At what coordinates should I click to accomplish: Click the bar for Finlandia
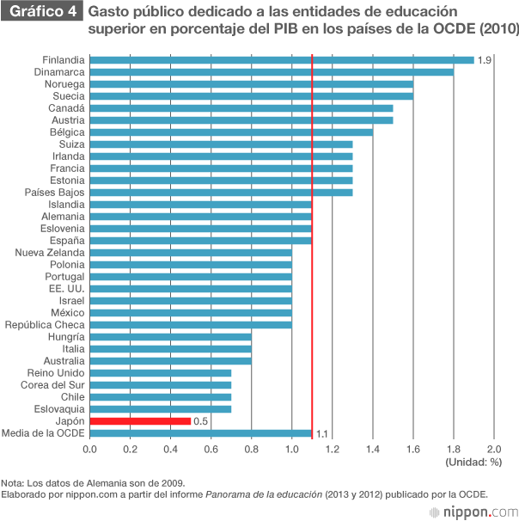coord(281,60)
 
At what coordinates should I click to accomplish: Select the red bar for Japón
coord(139,421)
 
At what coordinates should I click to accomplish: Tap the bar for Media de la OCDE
coord(200,433)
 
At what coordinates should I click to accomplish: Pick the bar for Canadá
coord(241,108)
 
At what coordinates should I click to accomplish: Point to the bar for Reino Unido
coord(160,373)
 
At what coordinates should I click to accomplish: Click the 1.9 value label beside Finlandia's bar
coord(484,60)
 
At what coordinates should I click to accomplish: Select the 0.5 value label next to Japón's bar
coord(201,421)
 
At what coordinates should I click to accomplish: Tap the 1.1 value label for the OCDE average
coord(322,433)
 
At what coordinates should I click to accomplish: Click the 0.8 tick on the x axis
coord(251,449)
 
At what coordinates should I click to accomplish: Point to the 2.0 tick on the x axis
coord(494,449)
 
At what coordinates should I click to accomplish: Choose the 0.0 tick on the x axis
coord(89,449)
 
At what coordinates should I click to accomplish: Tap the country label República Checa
coord(45,325)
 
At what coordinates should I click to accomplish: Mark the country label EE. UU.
coord(65,289)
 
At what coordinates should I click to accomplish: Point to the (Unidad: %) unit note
coord(473,463)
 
